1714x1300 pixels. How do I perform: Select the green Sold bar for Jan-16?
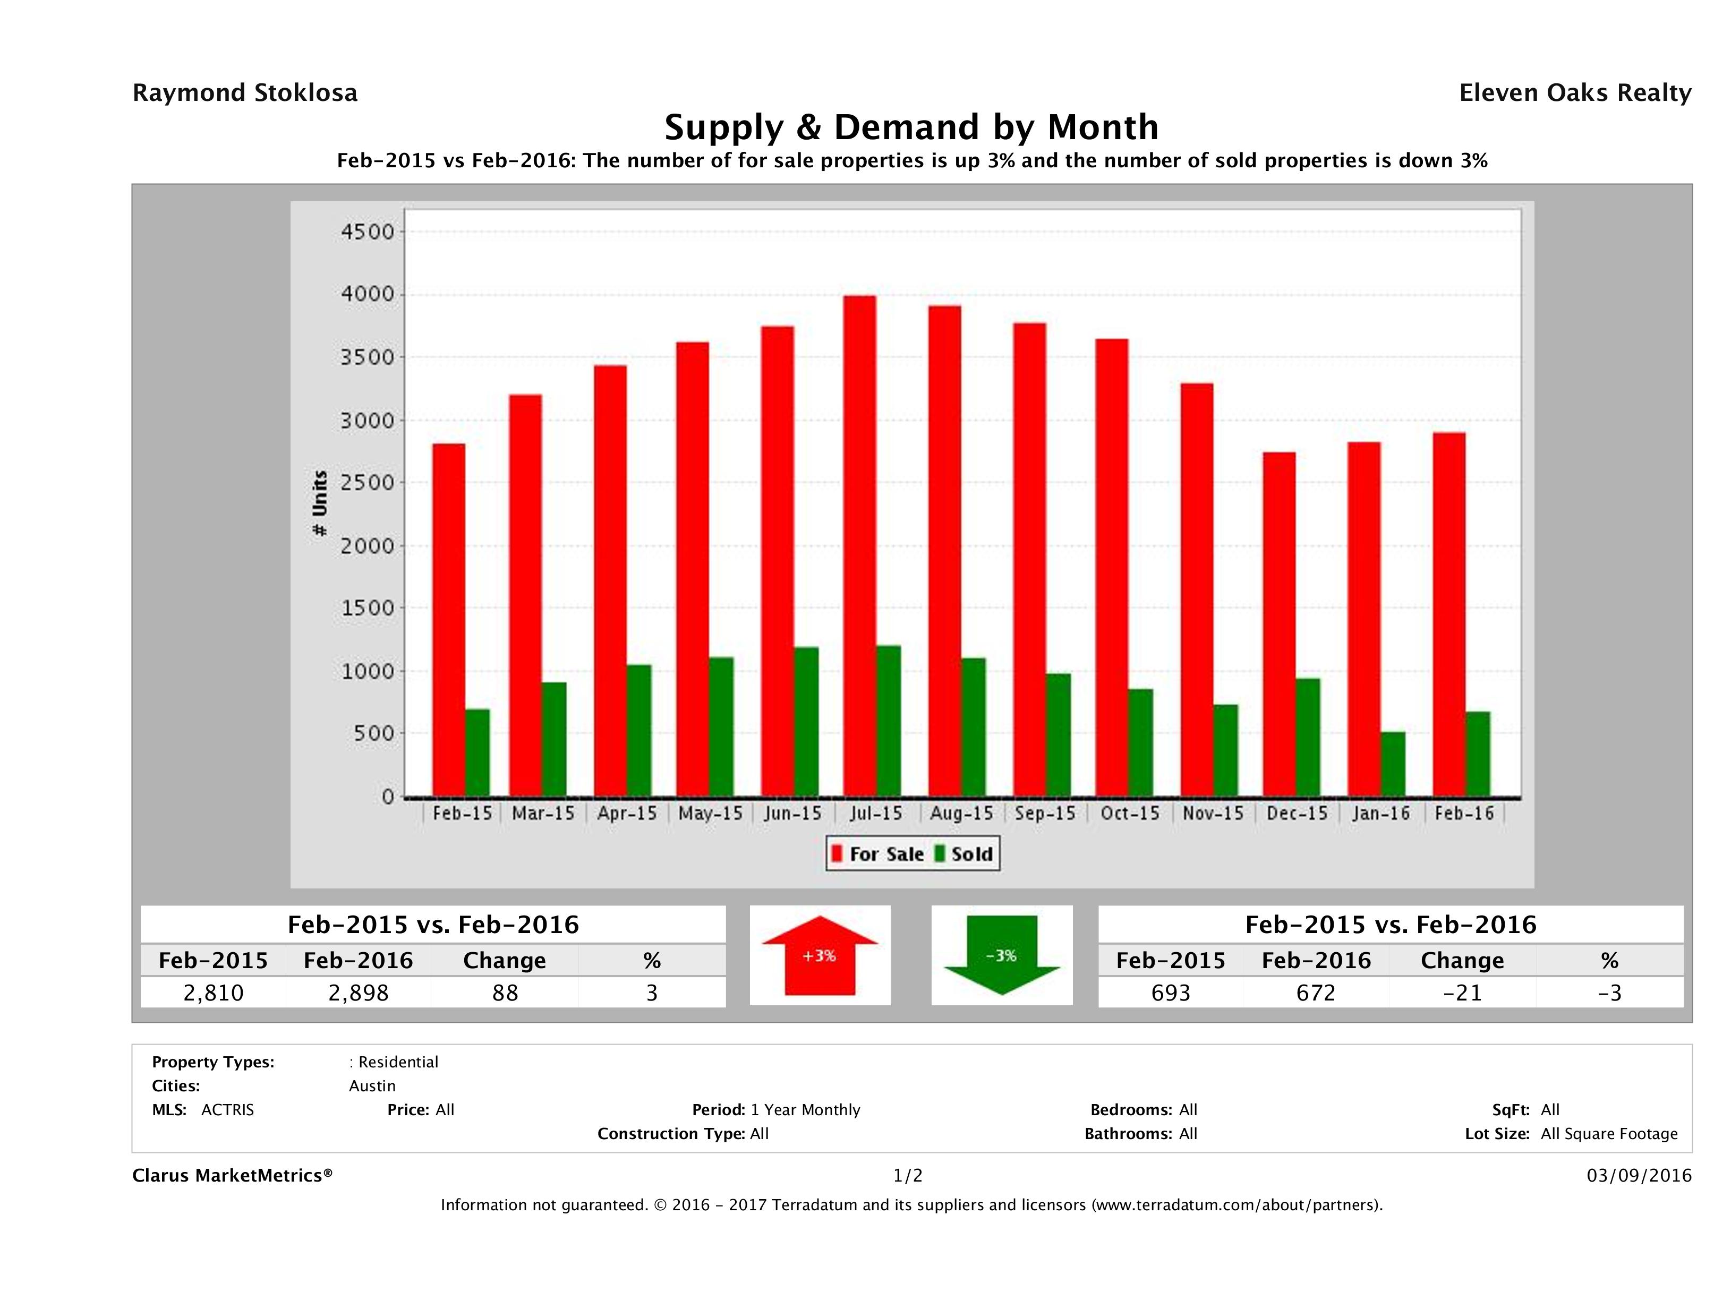1393,764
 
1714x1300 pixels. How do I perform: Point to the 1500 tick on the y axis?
368,608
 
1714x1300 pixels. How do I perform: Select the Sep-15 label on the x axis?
1045,814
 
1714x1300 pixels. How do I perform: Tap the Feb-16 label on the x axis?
1464,814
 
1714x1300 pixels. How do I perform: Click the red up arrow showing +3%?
820,955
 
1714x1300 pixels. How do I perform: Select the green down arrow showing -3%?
1001,955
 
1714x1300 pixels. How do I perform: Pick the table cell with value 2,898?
358,993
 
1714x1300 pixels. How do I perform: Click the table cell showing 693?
1170,993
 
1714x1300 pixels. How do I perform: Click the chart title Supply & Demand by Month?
911,127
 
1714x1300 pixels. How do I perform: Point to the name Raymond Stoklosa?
245,93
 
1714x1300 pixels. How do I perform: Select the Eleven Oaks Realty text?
1574,93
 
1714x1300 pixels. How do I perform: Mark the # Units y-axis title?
319,503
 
